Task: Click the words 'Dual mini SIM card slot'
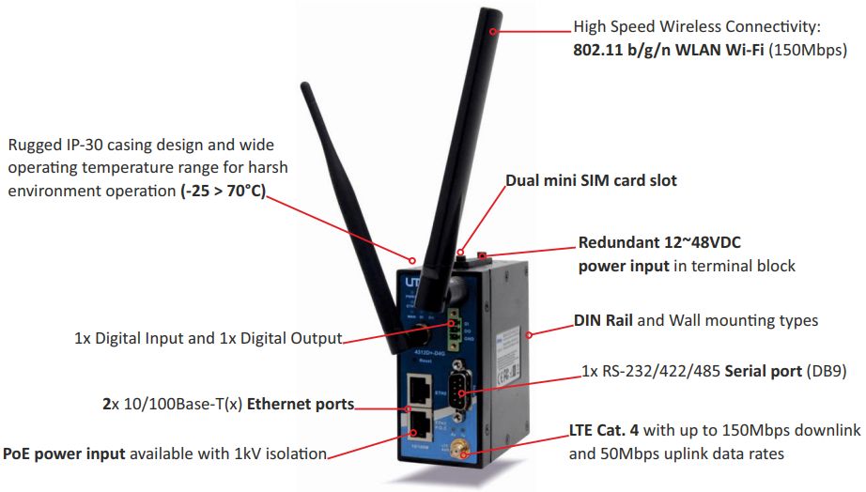click(591, 180)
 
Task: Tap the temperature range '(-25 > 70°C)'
click(224, 192)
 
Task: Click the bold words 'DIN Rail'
click(603, 320)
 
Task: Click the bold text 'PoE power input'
click(64, 454)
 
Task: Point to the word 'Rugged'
click(34, 145)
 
